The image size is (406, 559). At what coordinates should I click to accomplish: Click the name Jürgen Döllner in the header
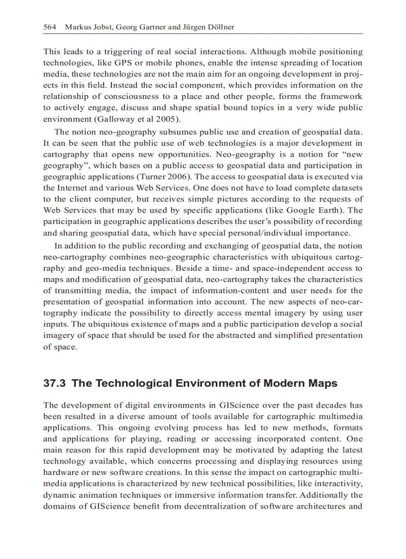click(x=207, y=27)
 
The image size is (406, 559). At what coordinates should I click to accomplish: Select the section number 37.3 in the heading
click(x=56, y=383)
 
